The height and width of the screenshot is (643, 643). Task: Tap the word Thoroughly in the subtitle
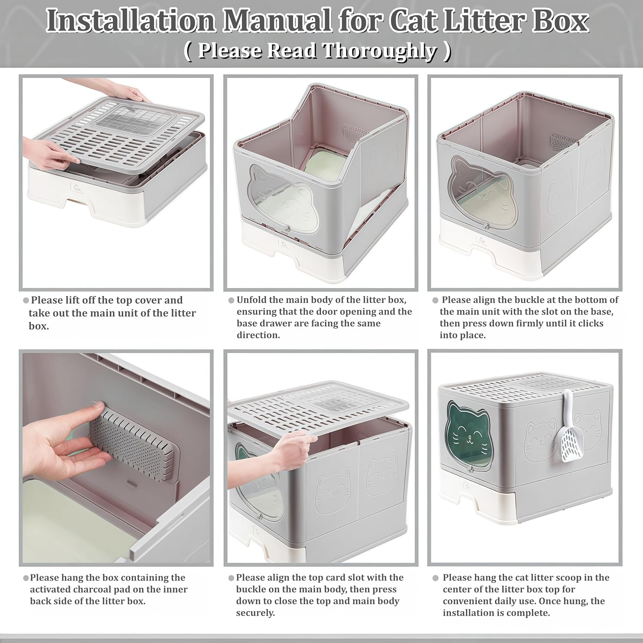click(x=380, y=51)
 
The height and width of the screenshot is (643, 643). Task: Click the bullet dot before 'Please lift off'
click(x=26, y=300)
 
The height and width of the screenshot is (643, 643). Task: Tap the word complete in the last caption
click(x=529, y=613)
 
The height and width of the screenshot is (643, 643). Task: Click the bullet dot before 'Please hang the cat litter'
click(x=436, y=578)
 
